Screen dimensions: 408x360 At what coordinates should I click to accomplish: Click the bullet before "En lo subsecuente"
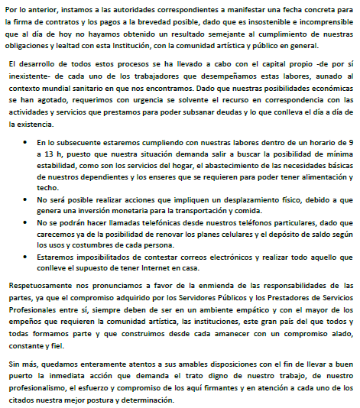(x=26, y=143)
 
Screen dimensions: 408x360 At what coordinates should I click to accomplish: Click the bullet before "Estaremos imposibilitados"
(x=26, y=261)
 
